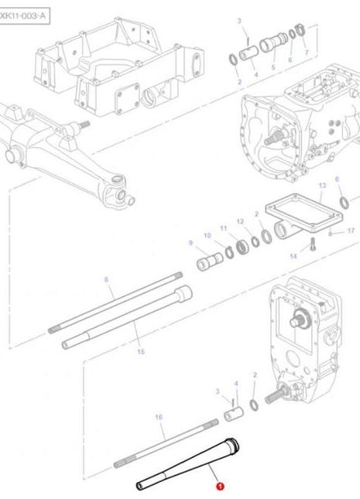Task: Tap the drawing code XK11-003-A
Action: click(x=24, y=12)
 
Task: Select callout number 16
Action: click(x=159, y=417)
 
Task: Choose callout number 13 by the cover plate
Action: click(x=321, y=186)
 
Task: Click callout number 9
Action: click(x=190, y=243)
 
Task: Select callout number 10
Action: click(x=207, y=235)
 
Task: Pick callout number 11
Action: click(x=224, y=228)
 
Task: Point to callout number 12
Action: click(x=240, y=222)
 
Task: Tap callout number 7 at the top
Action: click(x=306, y=52)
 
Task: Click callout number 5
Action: click(x=273, y=67)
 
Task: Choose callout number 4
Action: click(x=255, y=74)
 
